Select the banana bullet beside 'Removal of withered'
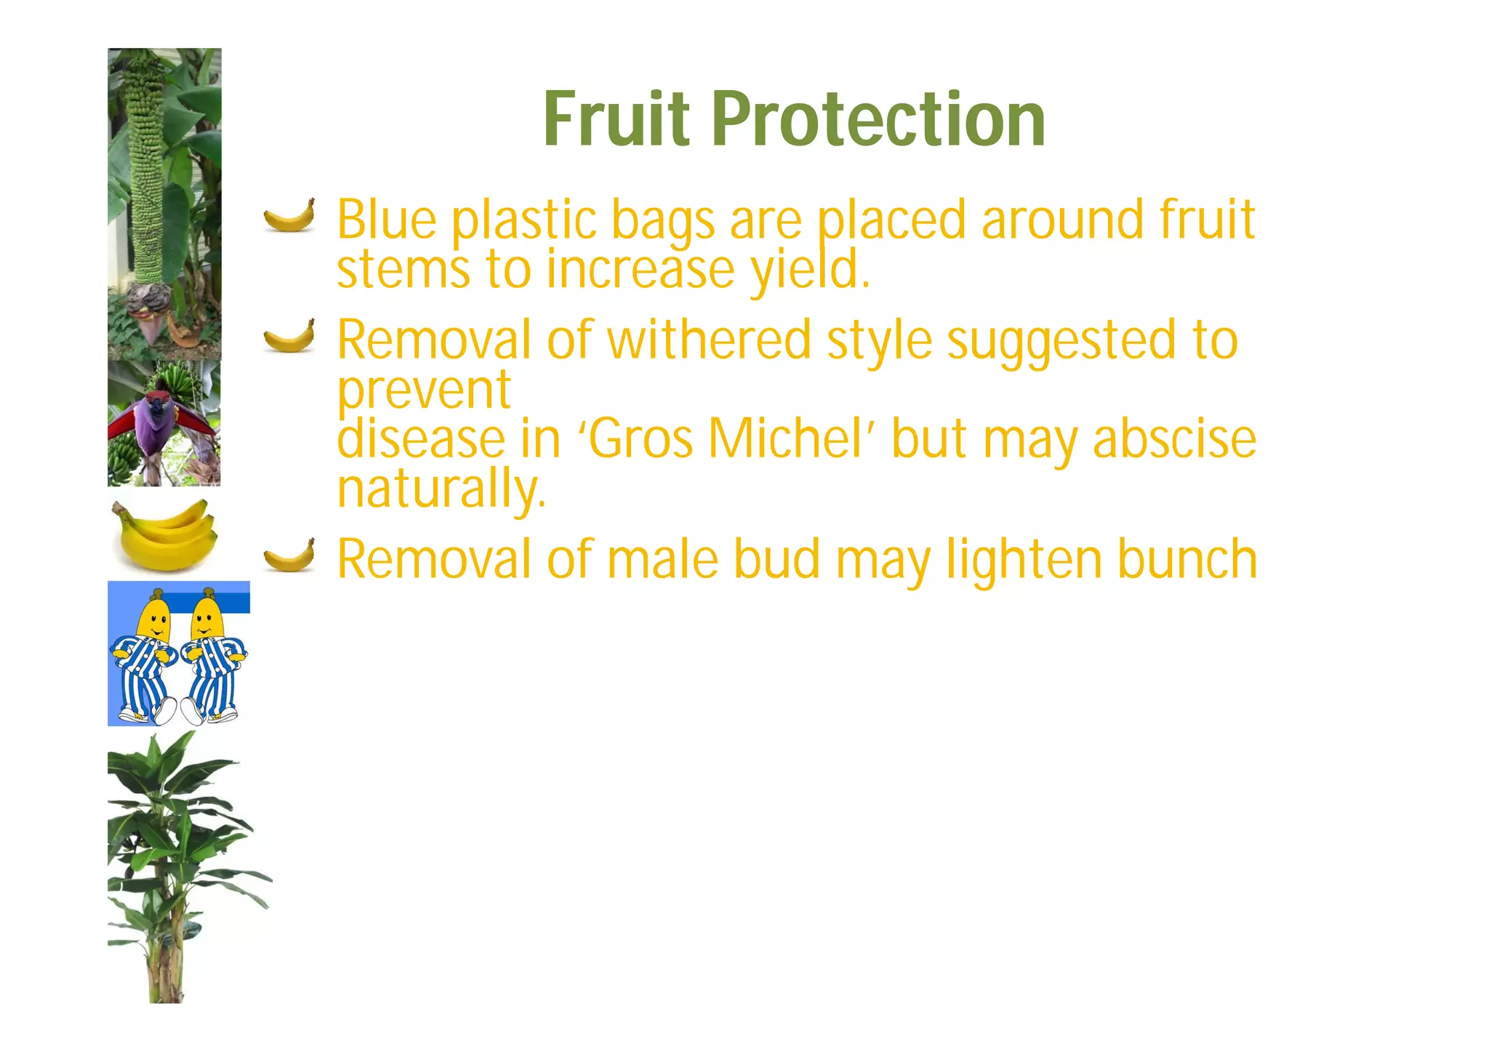click(289, 335)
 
